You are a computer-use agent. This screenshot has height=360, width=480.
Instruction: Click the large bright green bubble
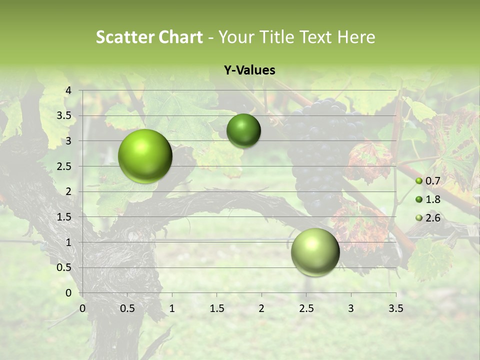(x=145, y=156)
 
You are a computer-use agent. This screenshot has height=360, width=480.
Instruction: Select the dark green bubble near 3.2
(x=243, y=131)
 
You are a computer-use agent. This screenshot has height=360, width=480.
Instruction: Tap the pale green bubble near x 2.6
(x=315, y=252)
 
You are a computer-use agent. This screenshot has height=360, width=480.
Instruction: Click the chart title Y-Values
(x=249, y=70)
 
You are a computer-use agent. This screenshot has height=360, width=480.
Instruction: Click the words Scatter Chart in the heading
(x=149, y=37)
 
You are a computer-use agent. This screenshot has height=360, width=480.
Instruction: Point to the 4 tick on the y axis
(x=68, y=90)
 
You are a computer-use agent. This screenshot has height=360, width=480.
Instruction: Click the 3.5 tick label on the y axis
(x=64, y=115)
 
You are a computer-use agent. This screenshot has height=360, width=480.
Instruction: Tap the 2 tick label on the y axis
(x=68, y=191)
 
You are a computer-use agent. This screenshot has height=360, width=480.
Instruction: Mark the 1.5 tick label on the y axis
(x=64, y=217)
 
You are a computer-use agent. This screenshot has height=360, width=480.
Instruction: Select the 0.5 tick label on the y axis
(x=64, y=267)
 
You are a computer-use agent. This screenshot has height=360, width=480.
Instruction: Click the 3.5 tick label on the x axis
(x=395, y=308)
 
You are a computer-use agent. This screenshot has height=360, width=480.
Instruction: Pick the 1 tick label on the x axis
(x=172, y=308)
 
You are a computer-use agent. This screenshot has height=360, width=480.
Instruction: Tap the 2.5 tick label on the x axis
(x=306, y=308)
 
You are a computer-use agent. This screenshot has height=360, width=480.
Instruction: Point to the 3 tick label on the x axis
(x=351, y=308)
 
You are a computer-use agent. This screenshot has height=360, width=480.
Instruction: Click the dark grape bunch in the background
(x=320, y=150)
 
